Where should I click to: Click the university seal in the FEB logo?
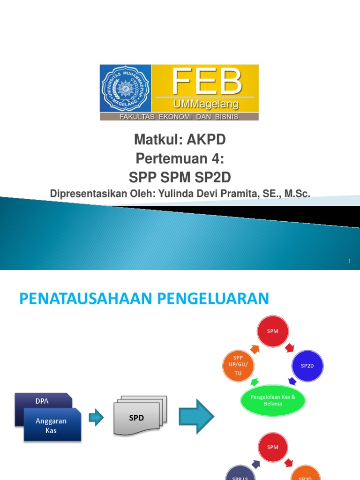click(125, 88)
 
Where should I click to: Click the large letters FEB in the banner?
click(206, 82)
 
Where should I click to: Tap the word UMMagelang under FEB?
click(206, 104)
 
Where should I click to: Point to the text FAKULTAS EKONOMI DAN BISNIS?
click(179, 117)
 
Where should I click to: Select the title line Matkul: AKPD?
click(180, 140)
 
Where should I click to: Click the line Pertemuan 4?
click(180, 158)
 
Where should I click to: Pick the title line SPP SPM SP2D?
click(180, 177)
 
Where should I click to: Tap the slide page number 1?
click(350, 261)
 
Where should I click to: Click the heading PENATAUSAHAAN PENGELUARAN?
click(144, 299)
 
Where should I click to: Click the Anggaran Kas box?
click(52, 425)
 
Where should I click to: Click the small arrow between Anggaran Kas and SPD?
click(96, 417)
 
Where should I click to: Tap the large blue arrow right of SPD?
click(196, 416)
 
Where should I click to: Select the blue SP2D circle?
click(307, 366)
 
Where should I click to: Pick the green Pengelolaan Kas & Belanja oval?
click(273, 400)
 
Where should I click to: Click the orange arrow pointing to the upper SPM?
click(255, 349)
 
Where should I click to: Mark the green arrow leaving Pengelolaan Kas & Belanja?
click(255, 382)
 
